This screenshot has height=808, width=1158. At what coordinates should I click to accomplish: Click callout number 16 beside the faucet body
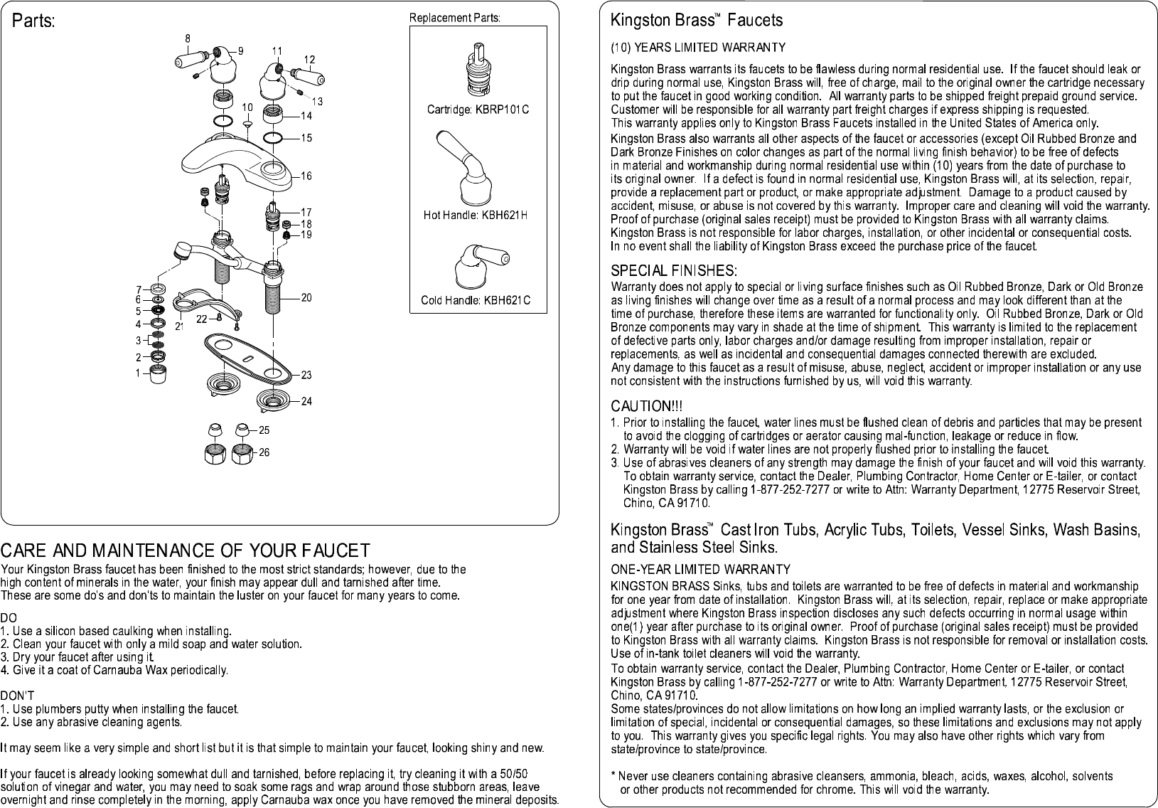tap(306, 176)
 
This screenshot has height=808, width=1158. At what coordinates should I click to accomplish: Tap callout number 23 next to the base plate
tap(306, 375)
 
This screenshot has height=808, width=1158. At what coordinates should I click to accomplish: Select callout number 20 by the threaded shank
tap(306, 297)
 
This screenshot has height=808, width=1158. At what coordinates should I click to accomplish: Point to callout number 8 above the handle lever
tap(188, 38)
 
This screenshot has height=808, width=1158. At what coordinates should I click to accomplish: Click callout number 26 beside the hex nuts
tap(264, 452)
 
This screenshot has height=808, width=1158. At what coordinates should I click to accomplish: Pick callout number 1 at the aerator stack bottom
tap(138, 373)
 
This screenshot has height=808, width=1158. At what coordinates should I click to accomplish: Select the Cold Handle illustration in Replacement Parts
tap(482, 267)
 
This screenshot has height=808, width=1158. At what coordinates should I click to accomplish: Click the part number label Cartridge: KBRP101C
tap(478, 110)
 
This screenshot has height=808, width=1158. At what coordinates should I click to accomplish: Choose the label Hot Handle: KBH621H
tap(476, 216)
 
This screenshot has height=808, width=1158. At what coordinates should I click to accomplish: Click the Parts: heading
tap(33, 21)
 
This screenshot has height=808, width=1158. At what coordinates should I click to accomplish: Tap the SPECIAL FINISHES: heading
tap(674, 270)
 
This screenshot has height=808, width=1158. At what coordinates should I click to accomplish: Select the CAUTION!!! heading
tap(647, 406)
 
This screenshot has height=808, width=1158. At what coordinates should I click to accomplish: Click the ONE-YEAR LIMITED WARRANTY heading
tap(700, 570)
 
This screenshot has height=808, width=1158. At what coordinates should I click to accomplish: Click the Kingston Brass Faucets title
tap(697, 20)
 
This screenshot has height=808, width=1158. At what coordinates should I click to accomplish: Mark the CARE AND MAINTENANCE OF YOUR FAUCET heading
tap(186, 551)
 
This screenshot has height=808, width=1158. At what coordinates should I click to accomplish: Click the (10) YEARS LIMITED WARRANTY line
tap(698, 48)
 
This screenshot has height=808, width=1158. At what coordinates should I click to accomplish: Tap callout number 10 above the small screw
tap(247, 107)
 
